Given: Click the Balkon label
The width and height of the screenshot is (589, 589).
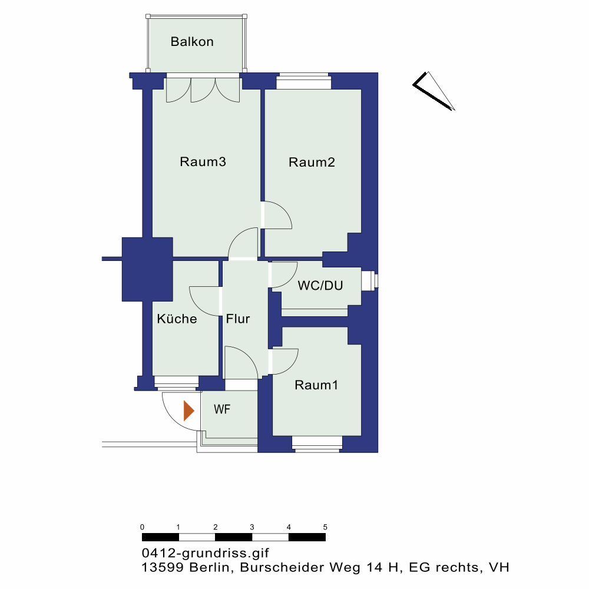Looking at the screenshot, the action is (192, 41).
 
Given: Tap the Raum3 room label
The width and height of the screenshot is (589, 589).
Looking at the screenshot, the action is (203, 161).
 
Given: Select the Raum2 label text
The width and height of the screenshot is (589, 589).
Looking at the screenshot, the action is (312, 162).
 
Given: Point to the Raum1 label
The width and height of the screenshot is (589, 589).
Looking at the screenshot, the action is (316, 385).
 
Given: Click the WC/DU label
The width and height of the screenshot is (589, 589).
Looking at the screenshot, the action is (320, 286).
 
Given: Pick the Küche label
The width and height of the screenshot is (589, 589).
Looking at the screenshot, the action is (177, 319).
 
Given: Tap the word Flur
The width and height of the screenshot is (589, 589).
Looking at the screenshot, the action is (238, 319).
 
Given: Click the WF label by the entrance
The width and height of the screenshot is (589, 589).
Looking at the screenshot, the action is (222, 409).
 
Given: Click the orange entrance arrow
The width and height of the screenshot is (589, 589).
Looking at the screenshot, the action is (188, 411).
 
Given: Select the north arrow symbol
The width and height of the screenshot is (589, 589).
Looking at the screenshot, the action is (434, 91).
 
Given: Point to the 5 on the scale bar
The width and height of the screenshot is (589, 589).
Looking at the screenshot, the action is (325, 527).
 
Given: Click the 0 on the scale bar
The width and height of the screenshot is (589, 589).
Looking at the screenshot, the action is (142, 527).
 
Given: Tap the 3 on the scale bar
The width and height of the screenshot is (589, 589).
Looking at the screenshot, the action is (252, 527).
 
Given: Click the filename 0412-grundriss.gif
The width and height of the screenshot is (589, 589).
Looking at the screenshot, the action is (206, 553).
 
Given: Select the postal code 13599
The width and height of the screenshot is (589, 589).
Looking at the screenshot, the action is (163, 567).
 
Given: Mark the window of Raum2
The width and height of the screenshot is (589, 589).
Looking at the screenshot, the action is (304, 81).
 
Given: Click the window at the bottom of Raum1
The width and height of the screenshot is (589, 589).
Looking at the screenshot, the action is (317, 444).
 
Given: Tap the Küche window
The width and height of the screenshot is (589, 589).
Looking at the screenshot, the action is (176, 383).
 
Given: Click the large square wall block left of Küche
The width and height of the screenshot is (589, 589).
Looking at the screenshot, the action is (147, 269).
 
